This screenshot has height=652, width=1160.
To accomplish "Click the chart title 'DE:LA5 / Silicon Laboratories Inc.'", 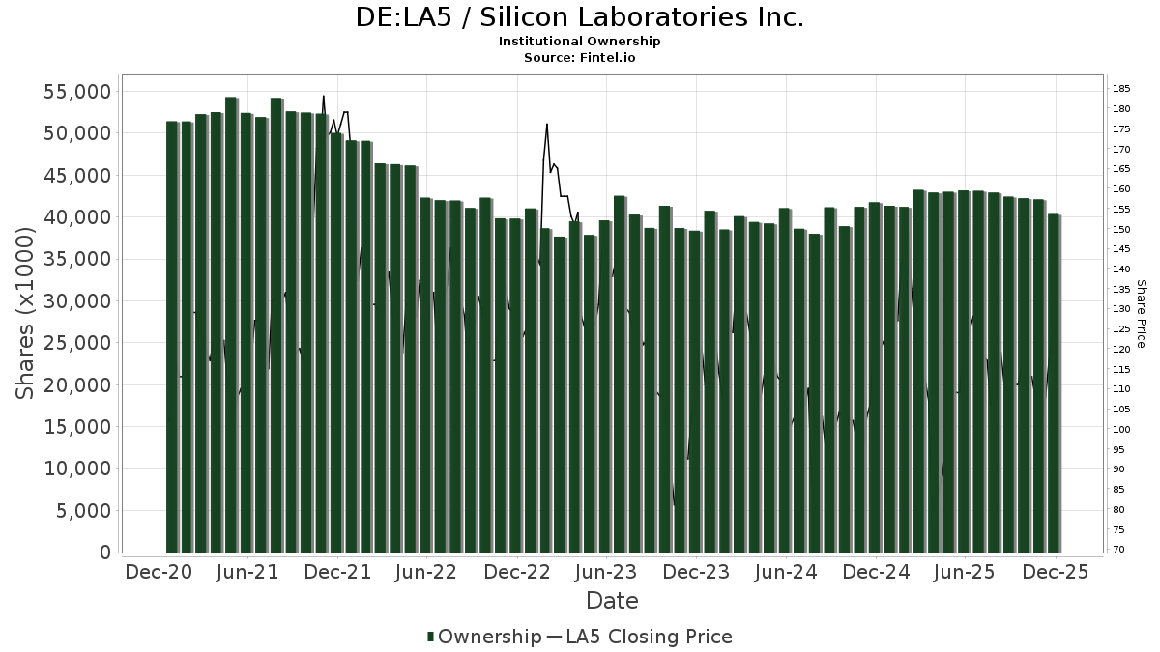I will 579,17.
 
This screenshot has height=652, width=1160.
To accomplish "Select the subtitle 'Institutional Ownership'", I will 579,42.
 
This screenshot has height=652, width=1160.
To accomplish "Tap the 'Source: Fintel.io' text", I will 579,58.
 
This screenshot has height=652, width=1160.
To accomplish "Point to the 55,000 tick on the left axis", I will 77,92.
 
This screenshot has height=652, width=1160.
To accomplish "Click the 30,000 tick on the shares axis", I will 77,301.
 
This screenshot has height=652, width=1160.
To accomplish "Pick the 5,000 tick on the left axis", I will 84,511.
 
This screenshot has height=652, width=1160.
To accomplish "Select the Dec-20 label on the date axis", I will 159,572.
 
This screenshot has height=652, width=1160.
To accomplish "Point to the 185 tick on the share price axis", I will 1121,89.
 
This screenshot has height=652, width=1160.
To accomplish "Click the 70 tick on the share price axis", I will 1118,550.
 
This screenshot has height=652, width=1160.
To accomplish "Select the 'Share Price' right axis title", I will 1141,313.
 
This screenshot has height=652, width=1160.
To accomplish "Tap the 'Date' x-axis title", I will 612,601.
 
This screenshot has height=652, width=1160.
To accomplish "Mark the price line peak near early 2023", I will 547,125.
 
